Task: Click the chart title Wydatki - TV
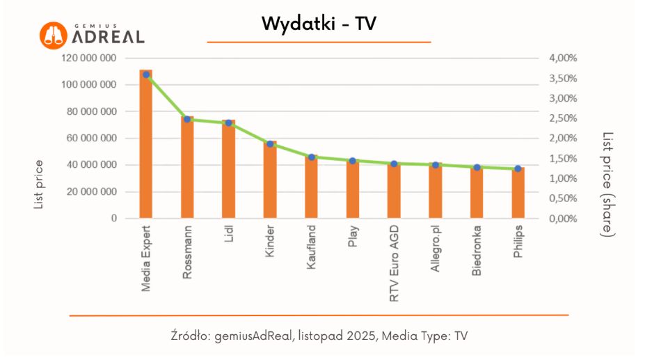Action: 319,24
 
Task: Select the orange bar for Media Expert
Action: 146,146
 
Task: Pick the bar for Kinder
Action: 270,181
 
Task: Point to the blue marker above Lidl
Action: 228,123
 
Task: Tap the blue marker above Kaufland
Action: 312,157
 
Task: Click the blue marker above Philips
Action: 518,169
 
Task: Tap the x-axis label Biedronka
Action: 477,250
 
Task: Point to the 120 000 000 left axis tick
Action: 89,58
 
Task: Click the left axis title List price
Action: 39,185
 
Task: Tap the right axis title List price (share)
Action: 607,185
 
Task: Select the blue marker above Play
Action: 353,161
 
